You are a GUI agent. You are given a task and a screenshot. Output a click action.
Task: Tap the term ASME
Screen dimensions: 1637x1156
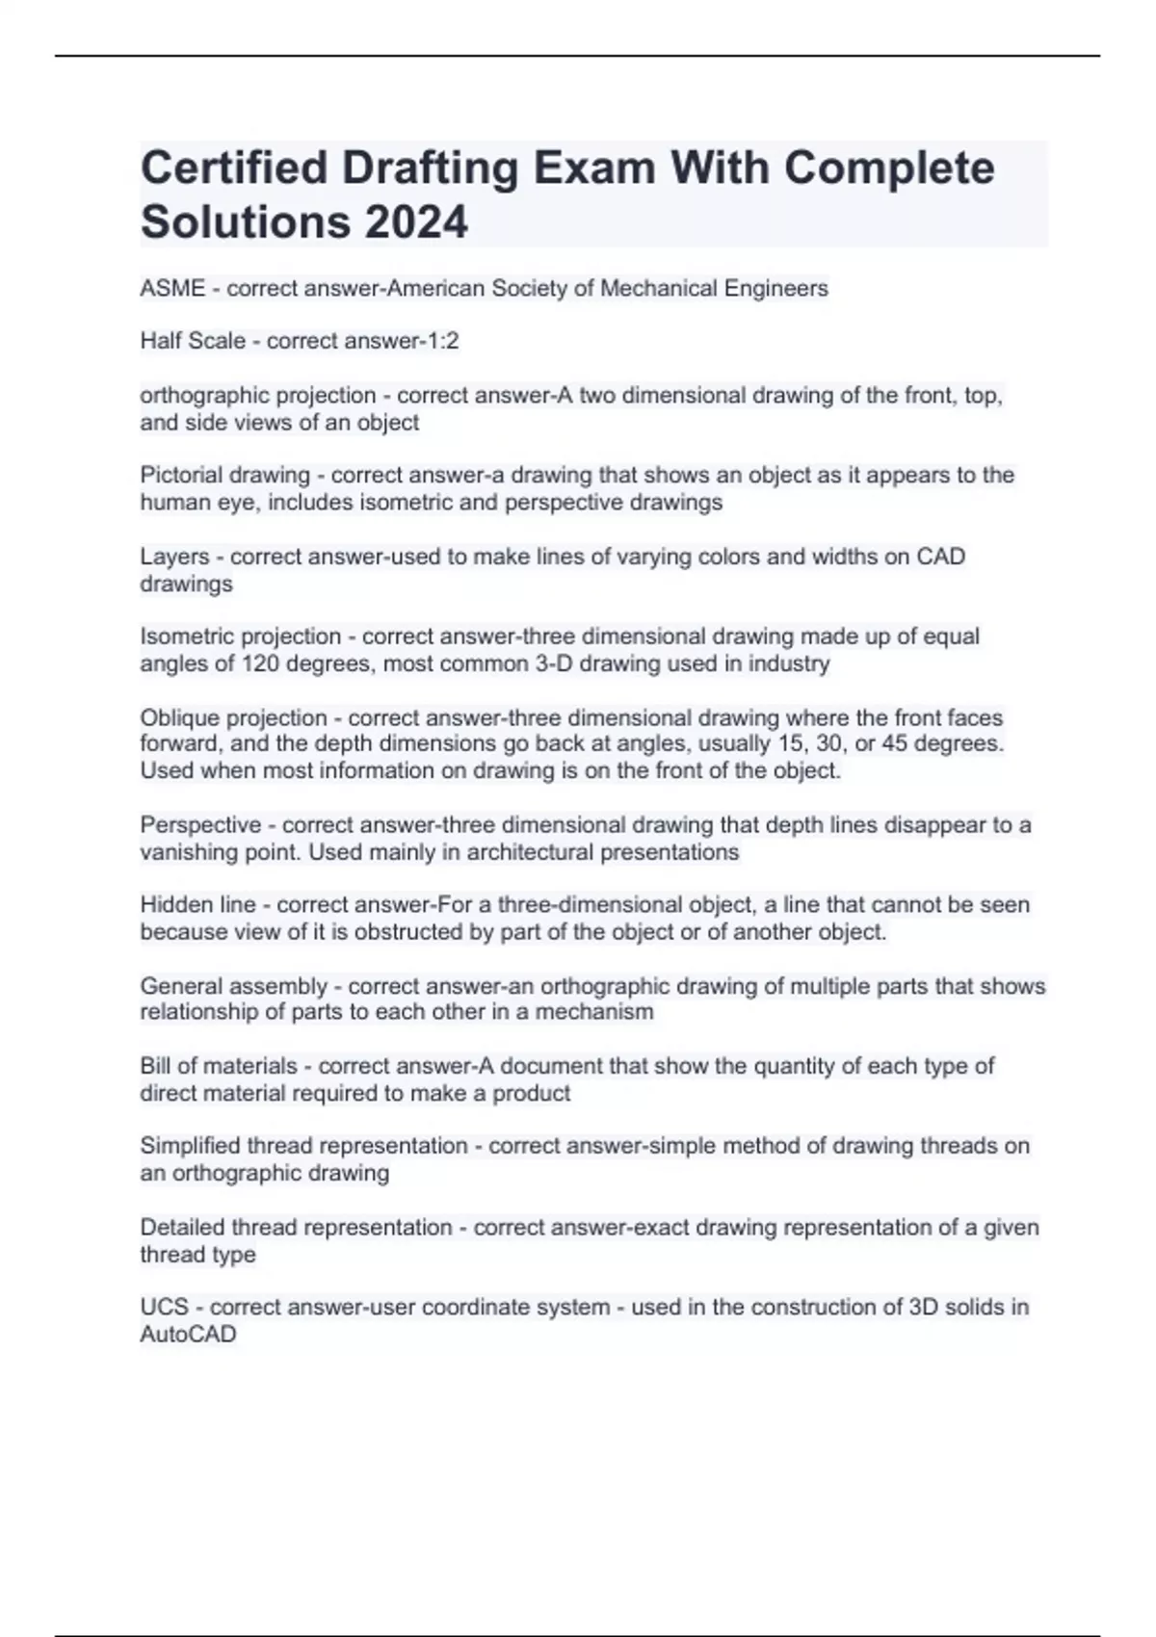[172, 288]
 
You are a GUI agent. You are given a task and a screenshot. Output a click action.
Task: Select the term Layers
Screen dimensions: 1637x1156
[174, 557]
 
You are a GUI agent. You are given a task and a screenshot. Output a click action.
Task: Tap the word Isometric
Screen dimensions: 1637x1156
[187, 637]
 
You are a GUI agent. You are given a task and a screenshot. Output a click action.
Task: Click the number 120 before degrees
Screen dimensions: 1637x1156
[260, 663]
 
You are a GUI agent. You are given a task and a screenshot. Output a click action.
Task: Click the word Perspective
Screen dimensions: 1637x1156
[200, 824]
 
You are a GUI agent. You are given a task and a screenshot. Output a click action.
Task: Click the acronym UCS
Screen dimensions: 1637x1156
[164, 1307]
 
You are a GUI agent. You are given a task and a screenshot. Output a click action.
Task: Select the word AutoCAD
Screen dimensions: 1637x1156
[188, 1335]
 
